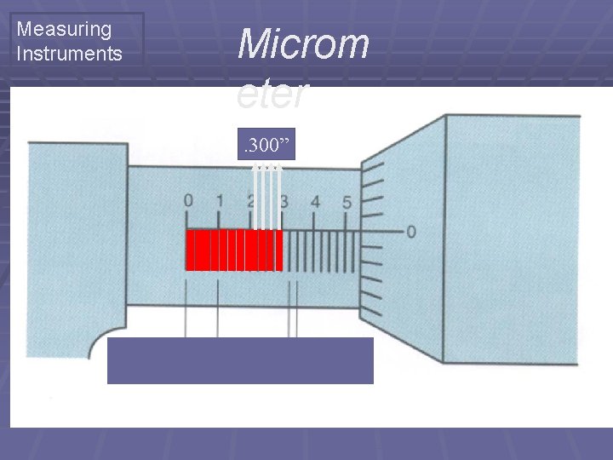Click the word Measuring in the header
click(x=64, y=29)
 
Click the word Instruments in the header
click(x=69, y=55)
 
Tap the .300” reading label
click(x=268, y=147)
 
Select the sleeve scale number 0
click(x=188, y=202)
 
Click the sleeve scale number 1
click(x=220, y=202)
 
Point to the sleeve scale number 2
click(x=251, y=202)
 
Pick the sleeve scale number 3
click(x=284, y=202)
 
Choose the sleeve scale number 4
click(x=316, y=202)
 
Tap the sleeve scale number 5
click(x=347, y=202)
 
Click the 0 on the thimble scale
click(x=411, y=232)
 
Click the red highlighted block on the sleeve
click(x=234, y=250)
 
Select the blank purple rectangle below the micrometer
click(x=240, y=360)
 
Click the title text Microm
click(x=303, y=43)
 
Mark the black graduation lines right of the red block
click(x=321, y=251)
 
